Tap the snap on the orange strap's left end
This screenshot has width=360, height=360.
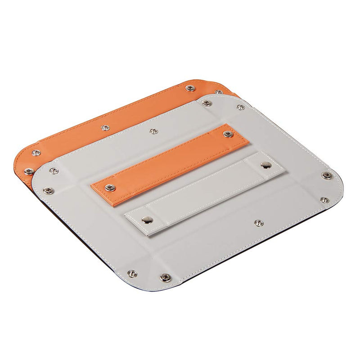tap(108, 187)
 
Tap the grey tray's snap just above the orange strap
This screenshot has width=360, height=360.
tap(153, 131)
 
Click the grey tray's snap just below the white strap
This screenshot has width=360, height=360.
tap(258, 223)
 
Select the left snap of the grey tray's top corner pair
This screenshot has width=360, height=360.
tap(207, 103)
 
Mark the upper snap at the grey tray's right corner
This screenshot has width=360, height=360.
tap(325, 175)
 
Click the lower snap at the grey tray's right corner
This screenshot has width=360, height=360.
tap(324, 200)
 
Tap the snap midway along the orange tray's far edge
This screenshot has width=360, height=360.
tap(104, 128)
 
